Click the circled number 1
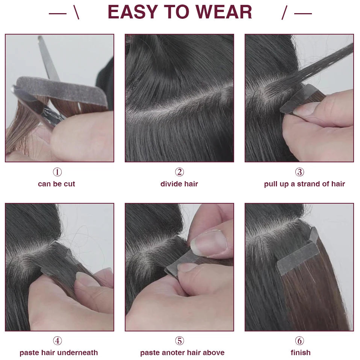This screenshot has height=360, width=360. tap(57, 172)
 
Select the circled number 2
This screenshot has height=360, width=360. tap(179, 172)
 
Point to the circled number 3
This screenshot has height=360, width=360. tap(299, 172)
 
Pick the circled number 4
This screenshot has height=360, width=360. tap(57, 341)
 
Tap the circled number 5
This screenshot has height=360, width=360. tap(179, 341)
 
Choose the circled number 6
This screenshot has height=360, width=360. tap(299, 341)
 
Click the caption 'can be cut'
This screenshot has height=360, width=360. tap(56, 184)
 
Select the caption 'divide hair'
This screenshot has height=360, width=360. tap(179, 184)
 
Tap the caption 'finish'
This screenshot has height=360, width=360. tap(301, 352)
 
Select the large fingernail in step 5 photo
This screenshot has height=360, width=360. tap(208, 244)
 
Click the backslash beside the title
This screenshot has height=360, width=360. tap(77, 13)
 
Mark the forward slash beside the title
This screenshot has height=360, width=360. tap(284, 13)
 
